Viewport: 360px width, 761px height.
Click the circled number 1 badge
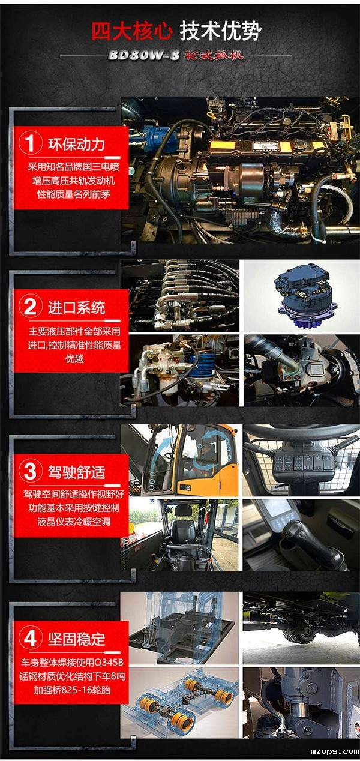[30, 144]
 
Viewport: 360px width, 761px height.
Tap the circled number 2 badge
[30, 307]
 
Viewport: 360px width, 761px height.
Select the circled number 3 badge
[30, 471]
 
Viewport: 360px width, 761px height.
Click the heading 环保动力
[76, 144]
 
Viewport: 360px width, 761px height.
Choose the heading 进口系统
[76, 307]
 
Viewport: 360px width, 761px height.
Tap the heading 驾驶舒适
[76, 472]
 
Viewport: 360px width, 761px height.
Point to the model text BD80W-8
[144, 55]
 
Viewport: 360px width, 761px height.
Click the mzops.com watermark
[333, 750]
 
